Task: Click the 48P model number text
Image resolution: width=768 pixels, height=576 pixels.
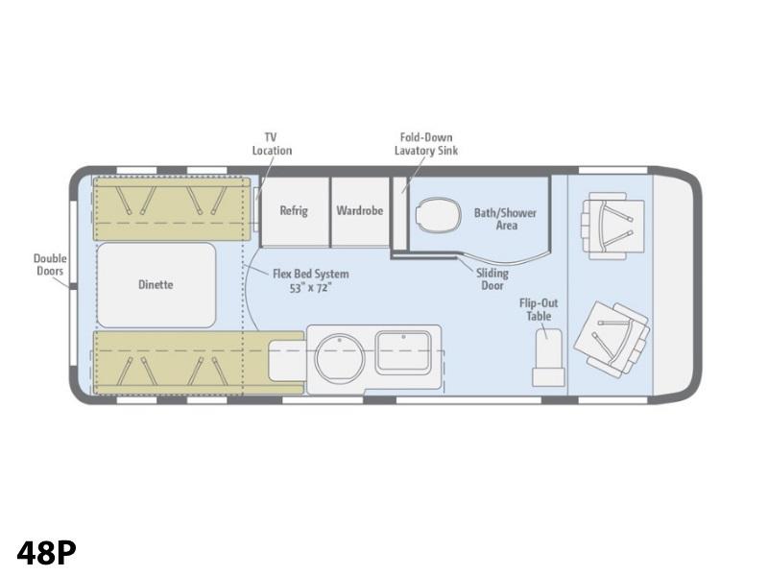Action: coord(46,553)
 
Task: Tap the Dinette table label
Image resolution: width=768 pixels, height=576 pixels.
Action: coord(156,284)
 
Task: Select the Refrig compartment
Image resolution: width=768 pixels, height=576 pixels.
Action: coord(294,211)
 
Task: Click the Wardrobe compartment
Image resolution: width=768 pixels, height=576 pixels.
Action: coord(360,211)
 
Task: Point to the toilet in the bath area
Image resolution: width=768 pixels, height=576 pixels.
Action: coord(439,214)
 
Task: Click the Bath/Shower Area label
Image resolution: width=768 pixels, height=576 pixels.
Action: coord(506,219)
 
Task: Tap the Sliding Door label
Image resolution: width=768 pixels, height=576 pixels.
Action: coord(492,279)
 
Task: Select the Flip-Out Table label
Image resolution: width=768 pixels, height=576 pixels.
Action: coord(539,309)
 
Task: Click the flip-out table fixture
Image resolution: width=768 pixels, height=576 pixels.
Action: coord(548,357)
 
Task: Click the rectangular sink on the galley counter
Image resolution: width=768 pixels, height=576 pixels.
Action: coord(403,352)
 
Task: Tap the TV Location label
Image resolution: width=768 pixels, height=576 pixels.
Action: coord(272,144)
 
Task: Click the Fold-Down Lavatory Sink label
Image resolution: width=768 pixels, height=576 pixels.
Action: coord(426,144)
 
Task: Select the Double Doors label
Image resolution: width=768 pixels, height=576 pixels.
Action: coord(50,265)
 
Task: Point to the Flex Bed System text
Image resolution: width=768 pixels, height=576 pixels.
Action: coord(311,274)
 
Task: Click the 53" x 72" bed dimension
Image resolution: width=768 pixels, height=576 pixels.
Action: coord(310,287)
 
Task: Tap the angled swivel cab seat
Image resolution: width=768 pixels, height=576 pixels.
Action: coord(612,339)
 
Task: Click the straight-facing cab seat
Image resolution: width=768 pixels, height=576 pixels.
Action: coord(612,226)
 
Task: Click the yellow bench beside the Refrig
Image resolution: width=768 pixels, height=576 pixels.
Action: coord(172,208)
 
